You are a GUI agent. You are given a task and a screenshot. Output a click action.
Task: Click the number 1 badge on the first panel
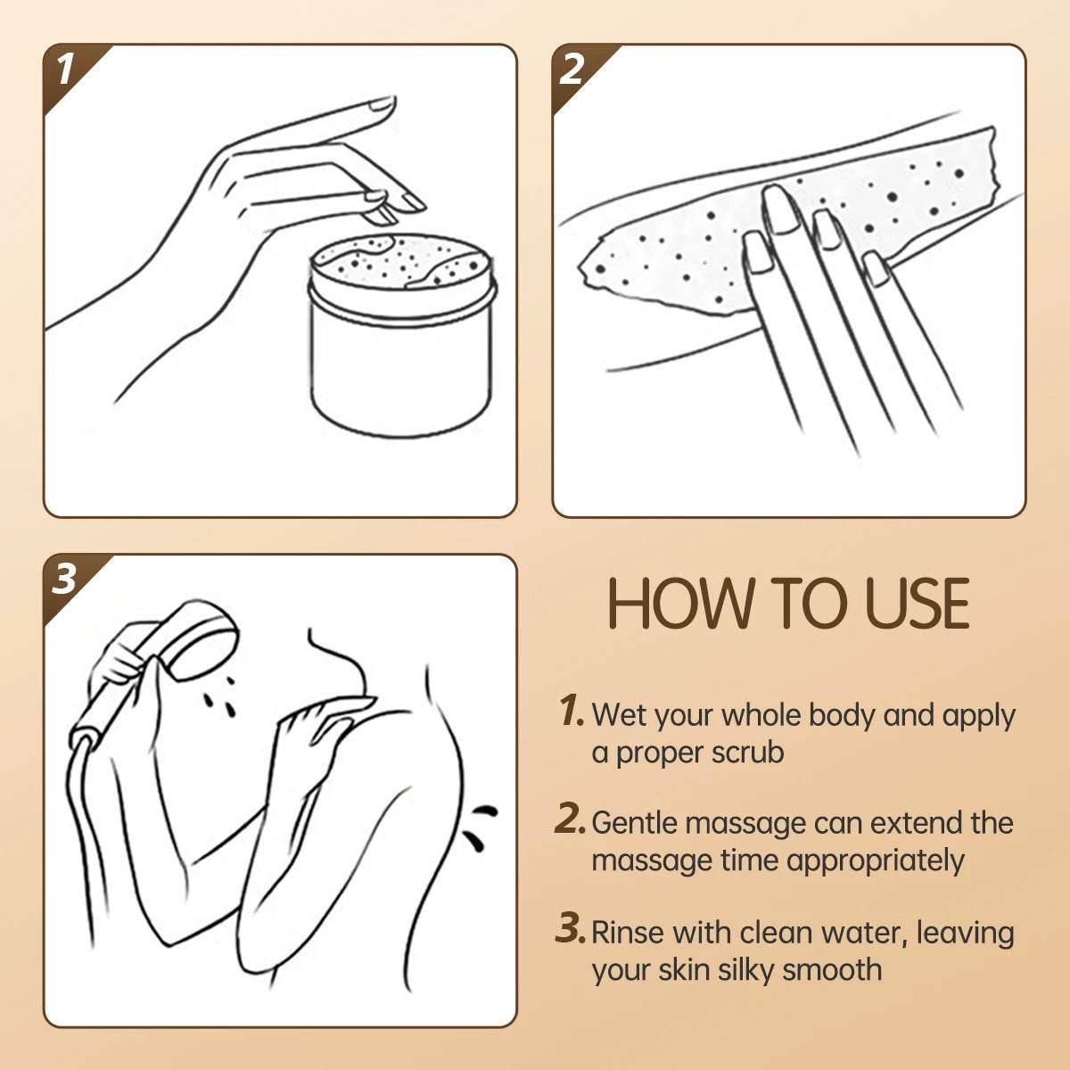pyautogui.click(x=65, y=70)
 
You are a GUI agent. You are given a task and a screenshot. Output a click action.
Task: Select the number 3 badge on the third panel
pyautogui.click(x=64, y=580)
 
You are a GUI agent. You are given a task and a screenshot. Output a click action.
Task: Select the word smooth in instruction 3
pyautogui.click(x=832, y=970)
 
